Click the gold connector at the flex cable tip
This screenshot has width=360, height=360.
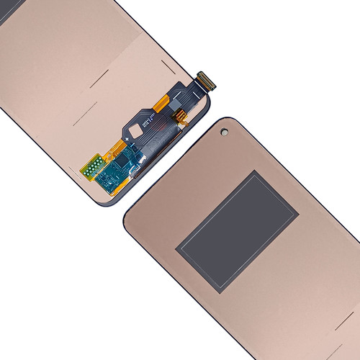pos(206,80)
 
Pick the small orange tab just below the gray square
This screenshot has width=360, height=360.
pos(180,114)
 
